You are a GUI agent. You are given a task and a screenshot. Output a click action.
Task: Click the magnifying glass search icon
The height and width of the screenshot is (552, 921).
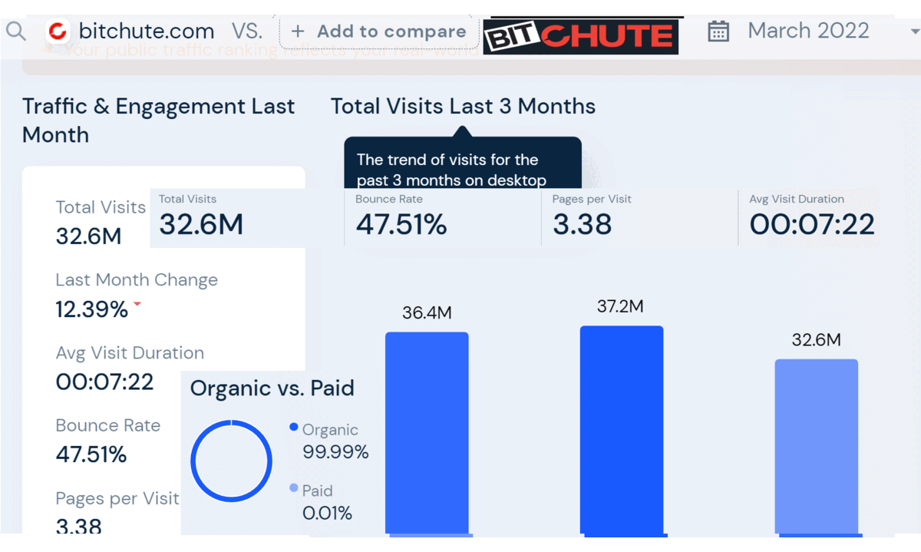tap(16, 31)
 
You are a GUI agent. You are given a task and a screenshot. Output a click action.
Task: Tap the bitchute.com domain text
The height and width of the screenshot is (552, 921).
tap(146, 31)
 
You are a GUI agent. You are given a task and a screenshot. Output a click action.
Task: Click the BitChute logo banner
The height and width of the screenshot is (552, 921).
tap(581, 35)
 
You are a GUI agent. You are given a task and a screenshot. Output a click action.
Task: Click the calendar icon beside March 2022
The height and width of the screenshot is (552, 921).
tap(718, 31)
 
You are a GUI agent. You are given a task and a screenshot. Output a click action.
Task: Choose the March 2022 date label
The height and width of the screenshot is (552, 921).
tap(808, 31)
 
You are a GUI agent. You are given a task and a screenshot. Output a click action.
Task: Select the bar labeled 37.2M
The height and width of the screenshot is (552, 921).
tap(622, 430)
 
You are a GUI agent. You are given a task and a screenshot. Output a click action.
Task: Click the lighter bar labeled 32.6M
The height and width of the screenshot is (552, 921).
tap(816, 445)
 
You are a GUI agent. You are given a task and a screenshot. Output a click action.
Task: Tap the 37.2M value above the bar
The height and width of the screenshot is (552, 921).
tap(620, 307)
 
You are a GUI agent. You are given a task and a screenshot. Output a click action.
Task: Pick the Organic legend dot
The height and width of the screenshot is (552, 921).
tap(294, 428)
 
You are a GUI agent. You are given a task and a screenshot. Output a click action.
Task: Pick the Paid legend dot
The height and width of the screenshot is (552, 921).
tap(294, 488)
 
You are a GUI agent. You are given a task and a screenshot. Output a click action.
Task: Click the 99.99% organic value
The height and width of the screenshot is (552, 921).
tap(335, 452)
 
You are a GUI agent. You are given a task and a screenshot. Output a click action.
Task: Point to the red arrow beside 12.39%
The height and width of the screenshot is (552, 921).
tap(137, 304)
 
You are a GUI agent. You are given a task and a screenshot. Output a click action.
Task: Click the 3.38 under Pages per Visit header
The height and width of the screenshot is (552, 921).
tap(582, 224)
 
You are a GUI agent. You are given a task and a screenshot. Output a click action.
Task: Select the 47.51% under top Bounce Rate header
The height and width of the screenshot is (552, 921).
tap(401, 224)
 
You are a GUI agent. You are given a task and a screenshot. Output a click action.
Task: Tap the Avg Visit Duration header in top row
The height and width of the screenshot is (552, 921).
tap(797, 199)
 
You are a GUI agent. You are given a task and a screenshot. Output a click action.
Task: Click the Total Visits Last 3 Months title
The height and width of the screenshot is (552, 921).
tap(463, 106)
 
